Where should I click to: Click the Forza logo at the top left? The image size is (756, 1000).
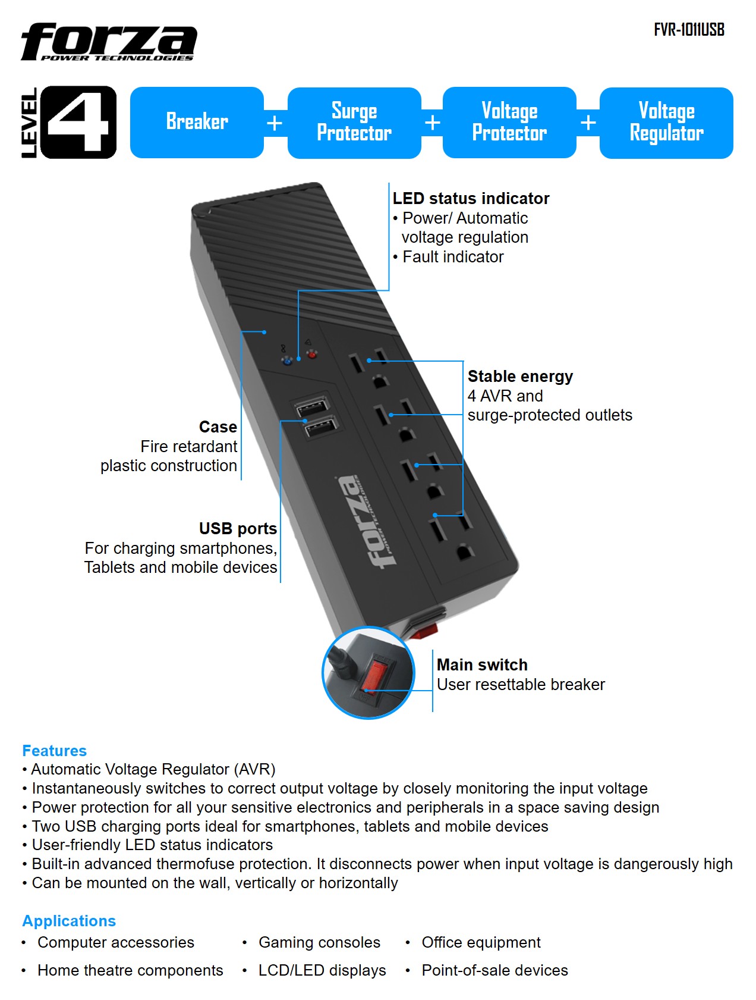coord(109,42)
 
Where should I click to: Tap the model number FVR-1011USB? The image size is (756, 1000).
coord(689,30)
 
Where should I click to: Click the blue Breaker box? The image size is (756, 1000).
coord(197,123)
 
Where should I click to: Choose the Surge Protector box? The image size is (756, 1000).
coord(354,123)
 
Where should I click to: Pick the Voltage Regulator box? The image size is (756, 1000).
coord(666,123)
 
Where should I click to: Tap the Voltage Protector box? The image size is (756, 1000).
coord(509,123)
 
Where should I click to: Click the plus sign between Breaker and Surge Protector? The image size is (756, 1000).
coord(275,123)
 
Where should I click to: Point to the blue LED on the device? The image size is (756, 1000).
coord(288,360)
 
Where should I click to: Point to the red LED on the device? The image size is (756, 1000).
coord(311,355)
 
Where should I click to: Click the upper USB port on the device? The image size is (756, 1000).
coord(311,409)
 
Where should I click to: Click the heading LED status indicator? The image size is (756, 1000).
coord(471,199)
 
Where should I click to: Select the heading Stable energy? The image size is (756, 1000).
coord(520,377)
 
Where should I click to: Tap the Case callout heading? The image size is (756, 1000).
coord(218,427)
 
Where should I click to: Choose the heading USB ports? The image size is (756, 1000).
coord(238,529)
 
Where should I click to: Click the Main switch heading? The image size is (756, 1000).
coord(482,665)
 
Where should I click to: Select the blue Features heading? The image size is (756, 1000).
coord(55,751)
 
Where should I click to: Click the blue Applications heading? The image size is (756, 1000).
coord(69,921)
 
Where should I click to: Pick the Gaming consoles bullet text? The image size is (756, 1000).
coord(319,942)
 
